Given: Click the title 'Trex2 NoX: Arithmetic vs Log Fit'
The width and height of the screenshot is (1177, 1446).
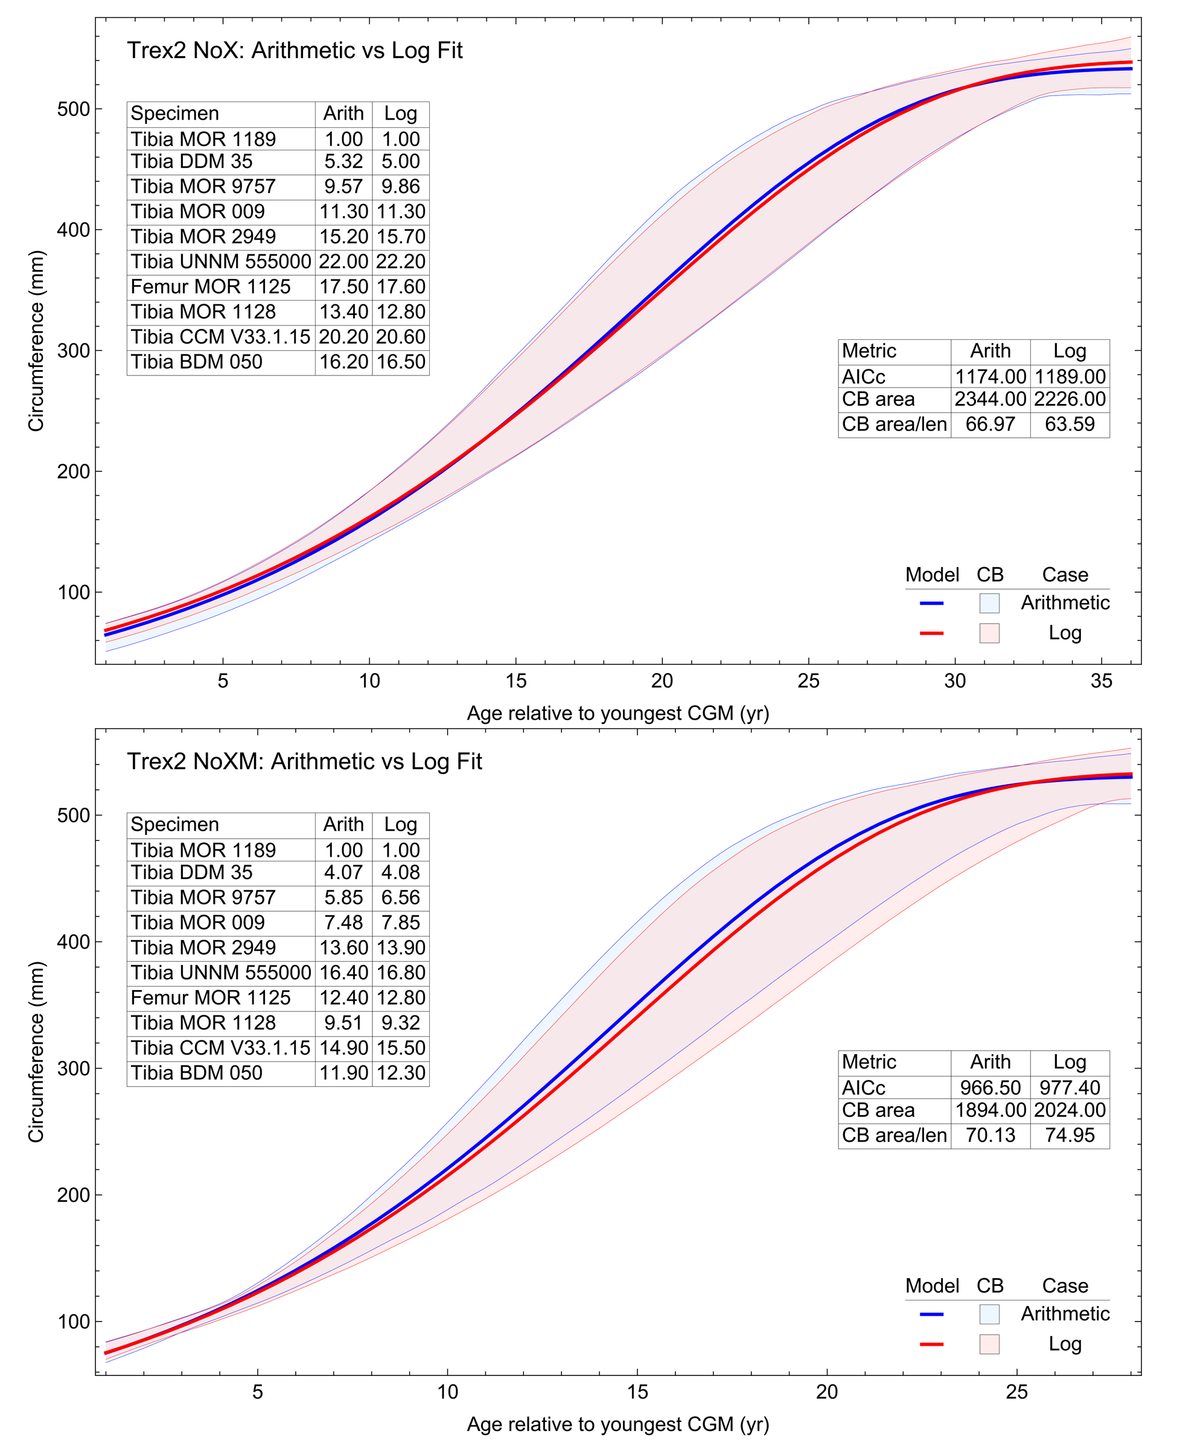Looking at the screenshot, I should tap(295, 51).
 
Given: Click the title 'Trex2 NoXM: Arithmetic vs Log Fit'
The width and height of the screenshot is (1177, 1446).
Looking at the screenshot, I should tap(304, 762).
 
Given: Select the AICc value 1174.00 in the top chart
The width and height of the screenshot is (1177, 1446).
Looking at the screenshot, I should tap(990, 376).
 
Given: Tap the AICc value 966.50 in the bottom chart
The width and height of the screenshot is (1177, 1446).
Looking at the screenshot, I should tap(990, 1088).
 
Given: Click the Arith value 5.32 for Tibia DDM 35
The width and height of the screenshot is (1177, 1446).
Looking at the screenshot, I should tap(343, 161).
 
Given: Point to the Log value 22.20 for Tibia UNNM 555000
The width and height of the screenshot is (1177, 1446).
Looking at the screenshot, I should tap(401, 262).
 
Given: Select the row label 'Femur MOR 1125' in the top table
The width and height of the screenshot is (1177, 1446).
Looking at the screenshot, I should tap(210, 287).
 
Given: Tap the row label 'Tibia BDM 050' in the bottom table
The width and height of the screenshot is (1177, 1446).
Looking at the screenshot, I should tap(196, 1073).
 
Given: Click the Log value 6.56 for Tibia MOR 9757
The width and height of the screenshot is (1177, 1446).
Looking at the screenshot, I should tap(401, 898).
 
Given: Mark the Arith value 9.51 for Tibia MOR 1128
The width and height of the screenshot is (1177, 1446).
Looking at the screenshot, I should tap(343, 1023).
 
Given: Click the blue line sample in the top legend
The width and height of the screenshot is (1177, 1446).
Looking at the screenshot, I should tap(931, 603).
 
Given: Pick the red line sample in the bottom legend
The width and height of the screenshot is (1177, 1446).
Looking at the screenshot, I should tap(931, 1344).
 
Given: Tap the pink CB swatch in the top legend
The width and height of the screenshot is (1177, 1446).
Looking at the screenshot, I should tap(989, 633).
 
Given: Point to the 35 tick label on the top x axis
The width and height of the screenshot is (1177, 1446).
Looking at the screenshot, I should tap(1101, 681).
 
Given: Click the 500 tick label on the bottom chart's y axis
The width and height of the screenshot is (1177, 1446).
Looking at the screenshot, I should tap(73, 815).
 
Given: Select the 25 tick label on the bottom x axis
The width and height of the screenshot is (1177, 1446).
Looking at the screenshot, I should tap(1016, 1392).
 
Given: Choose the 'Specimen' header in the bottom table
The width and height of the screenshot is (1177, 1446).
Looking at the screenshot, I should tap(174, 825).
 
